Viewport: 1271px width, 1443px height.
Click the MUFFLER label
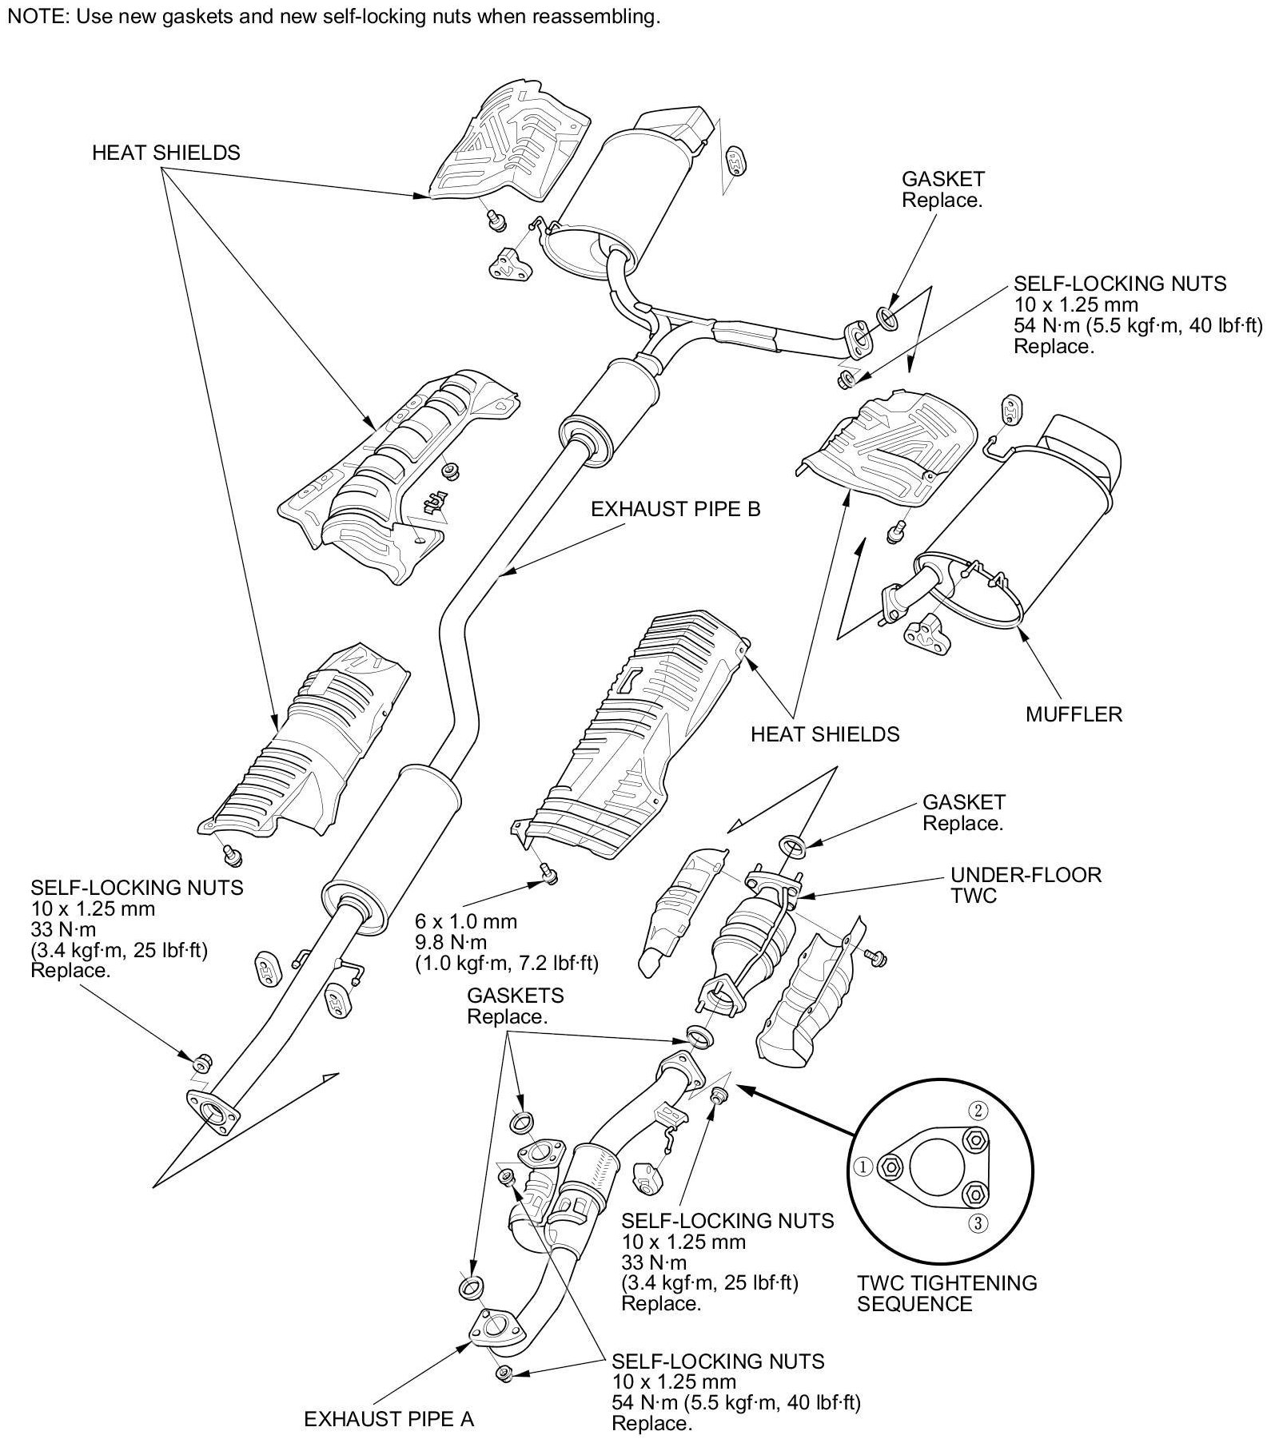1074,714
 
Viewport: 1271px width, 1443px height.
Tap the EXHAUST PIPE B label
675,509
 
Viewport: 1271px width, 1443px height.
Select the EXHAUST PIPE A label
389,1419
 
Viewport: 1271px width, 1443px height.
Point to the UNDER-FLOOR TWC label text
1025,884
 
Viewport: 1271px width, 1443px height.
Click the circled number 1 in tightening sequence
863,1167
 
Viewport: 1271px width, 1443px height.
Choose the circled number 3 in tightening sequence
980,1222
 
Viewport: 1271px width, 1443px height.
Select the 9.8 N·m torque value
451,943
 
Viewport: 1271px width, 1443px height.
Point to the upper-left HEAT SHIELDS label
165,153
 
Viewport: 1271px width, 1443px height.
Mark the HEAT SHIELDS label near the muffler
825,733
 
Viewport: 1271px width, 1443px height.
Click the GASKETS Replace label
515,1006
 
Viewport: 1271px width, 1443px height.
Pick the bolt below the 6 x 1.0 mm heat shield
548,876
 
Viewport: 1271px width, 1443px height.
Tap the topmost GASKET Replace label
942,189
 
